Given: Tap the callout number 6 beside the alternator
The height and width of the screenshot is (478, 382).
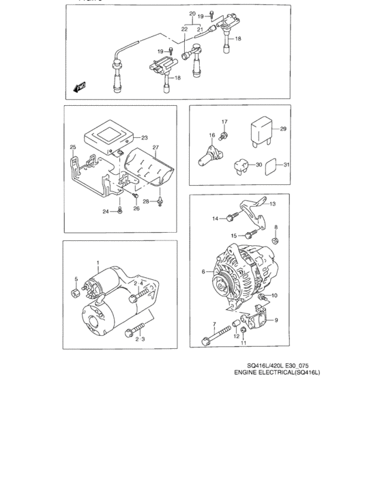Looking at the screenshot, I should point(203,271).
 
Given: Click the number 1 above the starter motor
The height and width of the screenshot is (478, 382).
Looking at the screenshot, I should point(98,263).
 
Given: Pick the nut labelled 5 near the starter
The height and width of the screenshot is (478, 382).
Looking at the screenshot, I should point(73,293).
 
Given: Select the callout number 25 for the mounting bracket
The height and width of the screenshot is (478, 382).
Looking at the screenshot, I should point(73,147).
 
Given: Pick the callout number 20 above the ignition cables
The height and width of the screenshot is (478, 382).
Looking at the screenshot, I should point(192,14).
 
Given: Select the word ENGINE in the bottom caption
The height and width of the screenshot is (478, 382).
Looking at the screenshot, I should point(248,374).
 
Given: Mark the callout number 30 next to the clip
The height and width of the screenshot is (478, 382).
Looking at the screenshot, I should point(258,164).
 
